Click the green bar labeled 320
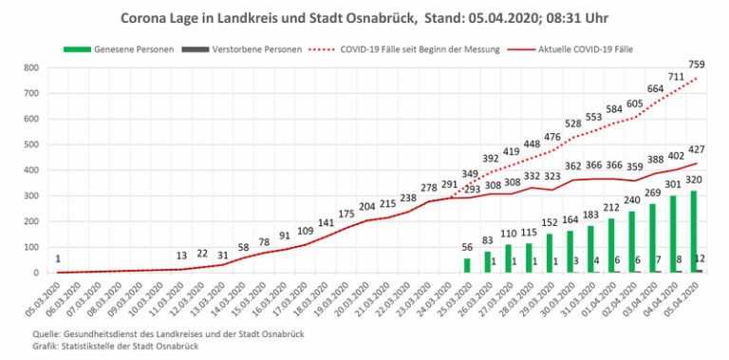(694, 232)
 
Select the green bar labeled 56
(467, 266)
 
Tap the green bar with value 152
(550, 253)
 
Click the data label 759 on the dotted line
(697, 65)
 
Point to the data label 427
(697, 149)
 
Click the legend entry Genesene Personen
(118, 48)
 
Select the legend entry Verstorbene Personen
(242, 48)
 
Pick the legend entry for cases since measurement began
(405, 48)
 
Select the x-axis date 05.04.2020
(684, 293)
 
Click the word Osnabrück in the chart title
(386, 19)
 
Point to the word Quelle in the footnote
(45, 334)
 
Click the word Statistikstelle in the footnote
(84, 347)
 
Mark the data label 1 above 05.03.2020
(58, 258)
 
